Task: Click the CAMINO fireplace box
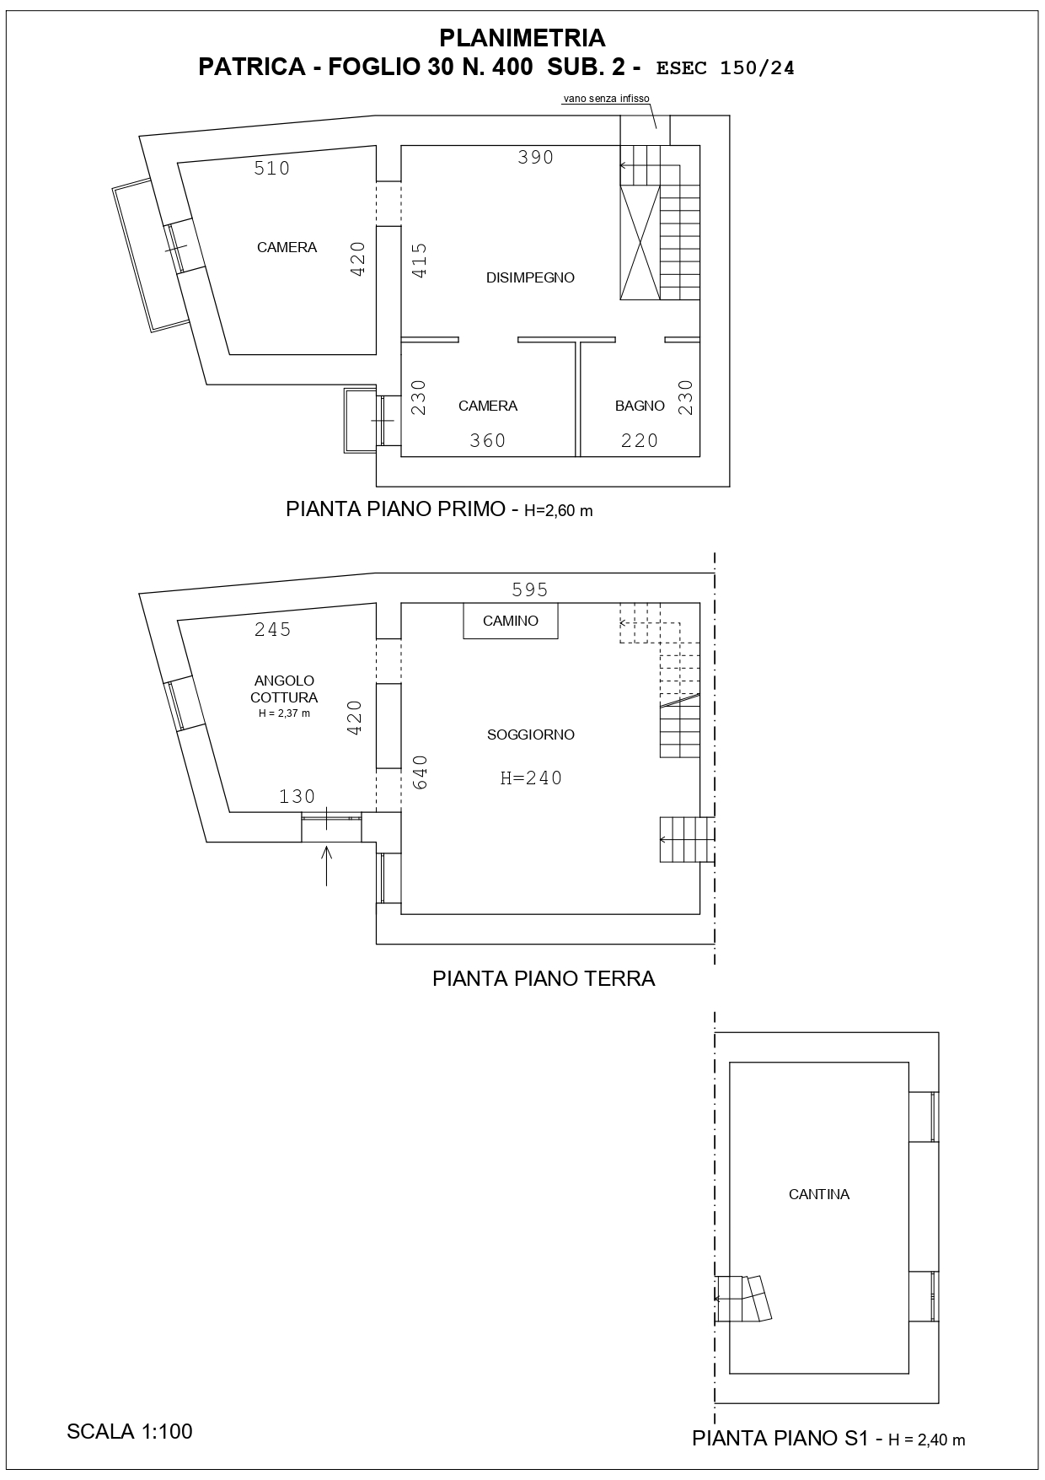tap(511, 621)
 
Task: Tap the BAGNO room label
tap(640, 406)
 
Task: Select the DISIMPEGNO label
tap(530, 277)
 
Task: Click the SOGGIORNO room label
tap(531, 735)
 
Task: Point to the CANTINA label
tap(819, 1194)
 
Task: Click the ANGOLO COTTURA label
tap(284, 689)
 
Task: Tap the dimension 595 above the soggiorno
tap(530, 589)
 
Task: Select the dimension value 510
tap(272, 169)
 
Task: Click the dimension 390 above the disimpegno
tap(536, 157)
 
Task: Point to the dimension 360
tap(488, 440)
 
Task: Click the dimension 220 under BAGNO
tap(640, 440)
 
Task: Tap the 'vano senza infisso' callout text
tap(606, 99)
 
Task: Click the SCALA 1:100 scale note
tap(130, 1431)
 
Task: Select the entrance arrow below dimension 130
tap(327, 865)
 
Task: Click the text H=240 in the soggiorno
tap(531, 778)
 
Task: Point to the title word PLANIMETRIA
tap(522, 38)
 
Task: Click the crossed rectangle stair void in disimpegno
tap(640, 242)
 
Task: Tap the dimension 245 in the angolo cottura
tap(273, 630)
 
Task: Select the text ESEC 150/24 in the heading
tap(725, 68)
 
